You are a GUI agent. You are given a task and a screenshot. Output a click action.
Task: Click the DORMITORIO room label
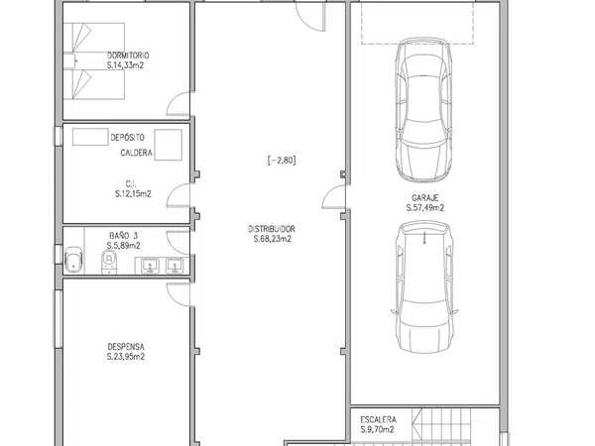128,56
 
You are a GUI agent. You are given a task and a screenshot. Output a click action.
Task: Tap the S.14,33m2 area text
125,65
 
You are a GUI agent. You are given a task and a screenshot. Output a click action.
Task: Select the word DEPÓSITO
127,138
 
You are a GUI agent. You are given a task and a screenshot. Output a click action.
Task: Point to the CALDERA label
136,153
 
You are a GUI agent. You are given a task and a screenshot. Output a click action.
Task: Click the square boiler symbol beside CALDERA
169,145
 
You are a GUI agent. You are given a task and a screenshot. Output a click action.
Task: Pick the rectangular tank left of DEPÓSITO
90,137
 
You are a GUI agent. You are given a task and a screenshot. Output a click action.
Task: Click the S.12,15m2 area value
133,194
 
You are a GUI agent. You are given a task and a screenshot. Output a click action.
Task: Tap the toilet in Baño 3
109,262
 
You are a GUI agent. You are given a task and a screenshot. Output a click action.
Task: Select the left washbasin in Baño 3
151,266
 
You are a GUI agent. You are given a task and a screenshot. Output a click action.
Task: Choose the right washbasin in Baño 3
175,266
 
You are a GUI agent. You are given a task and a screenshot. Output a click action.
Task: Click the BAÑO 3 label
124,236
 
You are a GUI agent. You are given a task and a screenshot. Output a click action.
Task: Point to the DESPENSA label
126,347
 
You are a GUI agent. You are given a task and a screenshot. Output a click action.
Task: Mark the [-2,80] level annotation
282,161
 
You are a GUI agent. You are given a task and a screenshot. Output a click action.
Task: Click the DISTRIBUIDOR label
272,229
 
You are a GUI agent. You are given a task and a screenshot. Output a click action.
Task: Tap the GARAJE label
425,198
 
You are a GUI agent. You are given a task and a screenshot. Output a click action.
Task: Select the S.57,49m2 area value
425,208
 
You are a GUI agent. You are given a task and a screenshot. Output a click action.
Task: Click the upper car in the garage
423,110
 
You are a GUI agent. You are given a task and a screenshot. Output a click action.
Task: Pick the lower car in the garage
424,287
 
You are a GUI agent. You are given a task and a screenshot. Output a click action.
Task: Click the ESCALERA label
379,420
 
